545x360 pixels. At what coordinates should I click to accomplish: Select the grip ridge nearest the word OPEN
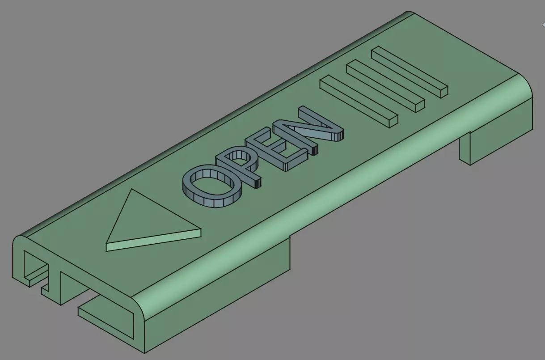358,98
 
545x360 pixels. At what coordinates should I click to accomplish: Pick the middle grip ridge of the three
384,85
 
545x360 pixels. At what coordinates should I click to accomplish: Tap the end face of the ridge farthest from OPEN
443,92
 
